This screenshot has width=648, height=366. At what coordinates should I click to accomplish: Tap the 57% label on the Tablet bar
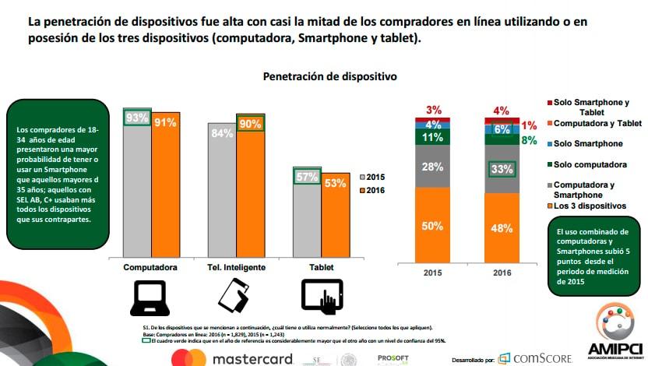[306, 177]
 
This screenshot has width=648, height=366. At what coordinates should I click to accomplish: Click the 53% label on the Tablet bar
[336, 183]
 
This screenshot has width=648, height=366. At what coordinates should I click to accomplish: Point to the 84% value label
[222, 133]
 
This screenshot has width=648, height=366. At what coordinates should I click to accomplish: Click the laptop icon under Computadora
[150, 297]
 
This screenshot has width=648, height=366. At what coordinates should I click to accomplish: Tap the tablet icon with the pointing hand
[322, 297]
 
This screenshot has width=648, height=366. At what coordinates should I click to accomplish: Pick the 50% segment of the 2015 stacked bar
[433, 226]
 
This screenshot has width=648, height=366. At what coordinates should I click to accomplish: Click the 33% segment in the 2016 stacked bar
[502, 168]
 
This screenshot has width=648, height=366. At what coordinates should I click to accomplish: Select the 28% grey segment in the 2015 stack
[433, 167]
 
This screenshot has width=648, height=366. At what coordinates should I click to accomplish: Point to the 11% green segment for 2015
[433, 137]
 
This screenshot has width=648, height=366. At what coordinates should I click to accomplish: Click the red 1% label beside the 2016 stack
[529, 125]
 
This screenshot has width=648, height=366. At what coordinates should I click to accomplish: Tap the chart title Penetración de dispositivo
[329, 76]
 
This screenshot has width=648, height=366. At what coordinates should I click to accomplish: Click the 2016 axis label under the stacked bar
[502, 274]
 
